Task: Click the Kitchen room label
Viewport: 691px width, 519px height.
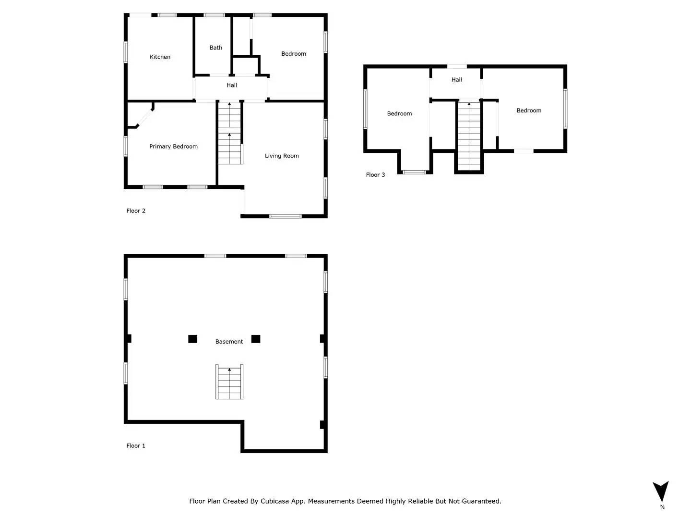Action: [160, 57]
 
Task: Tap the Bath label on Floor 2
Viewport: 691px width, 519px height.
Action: [216, 48]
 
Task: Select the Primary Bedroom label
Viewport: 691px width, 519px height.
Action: [173, 147]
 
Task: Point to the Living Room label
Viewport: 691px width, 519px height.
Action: [282, 156]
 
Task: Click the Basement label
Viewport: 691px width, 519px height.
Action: [229, 342]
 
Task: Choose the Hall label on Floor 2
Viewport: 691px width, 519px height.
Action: [232, 85]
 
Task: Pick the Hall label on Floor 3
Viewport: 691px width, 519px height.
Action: [457, 80]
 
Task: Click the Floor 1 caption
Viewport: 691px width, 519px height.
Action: [136, 446]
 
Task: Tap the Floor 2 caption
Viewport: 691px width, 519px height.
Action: [136, 211]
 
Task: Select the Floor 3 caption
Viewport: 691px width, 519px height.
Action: [375, 175]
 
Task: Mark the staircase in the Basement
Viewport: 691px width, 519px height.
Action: [229, 382]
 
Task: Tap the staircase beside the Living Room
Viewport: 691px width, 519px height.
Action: [230, 134]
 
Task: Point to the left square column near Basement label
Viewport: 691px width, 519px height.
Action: [192, 339]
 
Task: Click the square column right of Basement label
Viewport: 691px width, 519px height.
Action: [256, 339]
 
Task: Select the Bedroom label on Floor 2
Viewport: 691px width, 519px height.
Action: [294, 54]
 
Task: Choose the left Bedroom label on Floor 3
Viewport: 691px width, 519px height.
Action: [399, 114]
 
